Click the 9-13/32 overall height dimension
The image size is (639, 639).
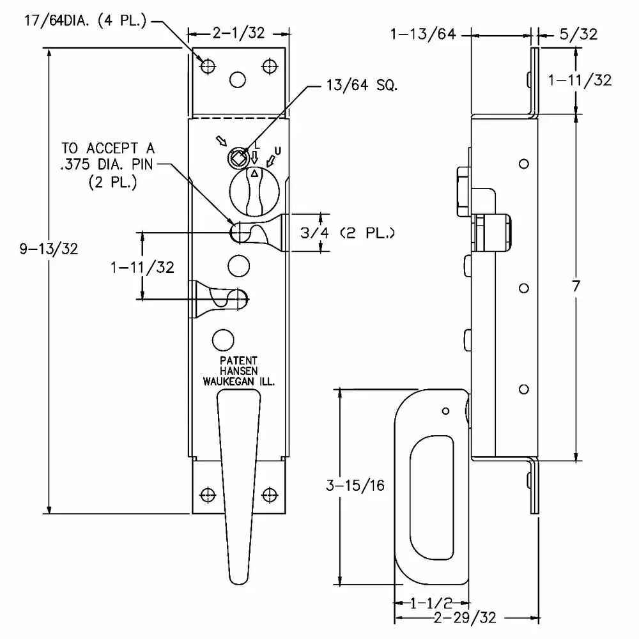tap(49, 249)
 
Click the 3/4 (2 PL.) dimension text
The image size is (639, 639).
tap(348, 233)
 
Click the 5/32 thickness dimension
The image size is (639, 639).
tap(578, 35)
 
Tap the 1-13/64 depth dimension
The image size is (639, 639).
tap(423, 35)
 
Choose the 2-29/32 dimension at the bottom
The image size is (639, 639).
tap(464, 618)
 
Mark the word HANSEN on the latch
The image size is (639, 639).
tap(238, 371)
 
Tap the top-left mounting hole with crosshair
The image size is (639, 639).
tap(206, 65)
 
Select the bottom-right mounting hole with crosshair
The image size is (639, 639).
tap(270, 494)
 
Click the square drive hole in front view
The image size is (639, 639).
tap(237, 157)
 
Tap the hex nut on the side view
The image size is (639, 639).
tap(465, 192)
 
